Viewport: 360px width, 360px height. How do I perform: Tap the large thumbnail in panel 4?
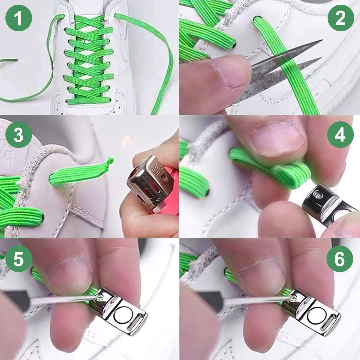pos(277,139)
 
